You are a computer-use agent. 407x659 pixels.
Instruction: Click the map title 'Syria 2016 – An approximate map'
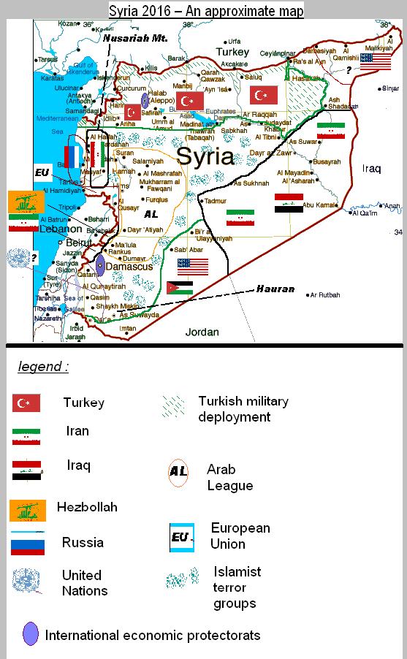point(206,10)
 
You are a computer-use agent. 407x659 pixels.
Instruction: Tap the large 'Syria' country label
point(205,156)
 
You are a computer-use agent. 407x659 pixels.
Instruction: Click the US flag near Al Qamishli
point(376,62)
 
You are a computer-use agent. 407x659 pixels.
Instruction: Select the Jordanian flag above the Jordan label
point(180,288)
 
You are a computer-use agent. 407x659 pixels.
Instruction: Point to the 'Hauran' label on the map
point(275,289)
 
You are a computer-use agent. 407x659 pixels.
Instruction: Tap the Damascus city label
point(129,267)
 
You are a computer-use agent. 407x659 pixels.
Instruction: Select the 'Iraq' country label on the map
point(371,169)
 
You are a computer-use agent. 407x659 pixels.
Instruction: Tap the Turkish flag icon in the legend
point(26,403)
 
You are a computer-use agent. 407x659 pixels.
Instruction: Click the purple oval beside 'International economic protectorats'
point(31,633)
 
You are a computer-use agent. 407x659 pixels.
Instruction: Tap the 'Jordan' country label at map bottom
point(202,332)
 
